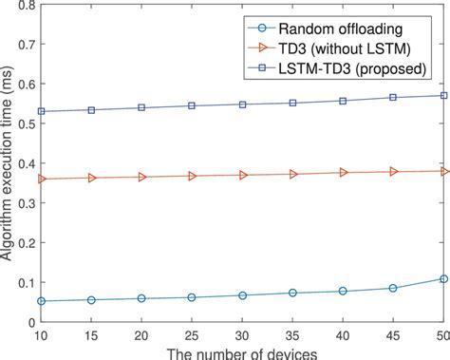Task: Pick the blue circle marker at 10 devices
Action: (40, 301)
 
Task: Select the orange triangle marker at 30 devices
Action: (243, 175)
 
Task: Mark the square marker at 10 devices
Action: (40, 111)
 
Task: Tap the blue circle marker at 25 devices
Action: (191, 297)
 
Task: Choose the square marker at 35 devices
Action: (292, 103)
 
